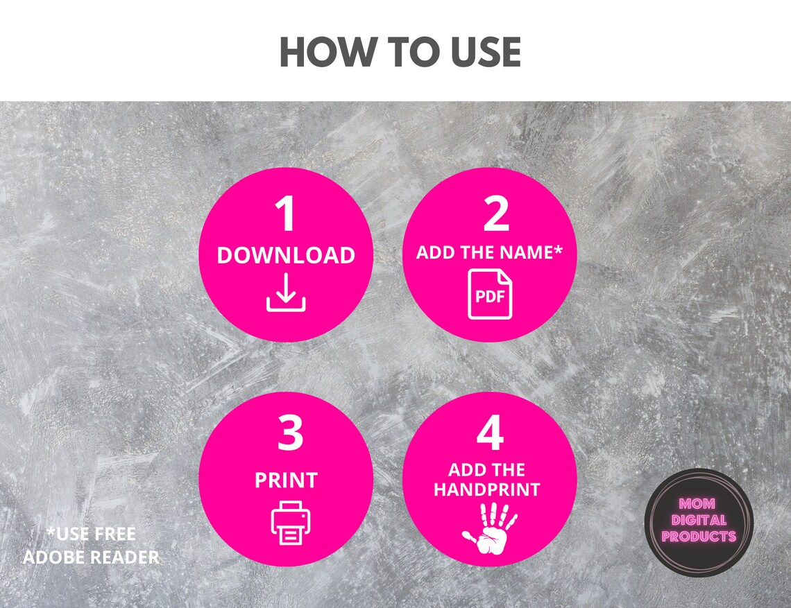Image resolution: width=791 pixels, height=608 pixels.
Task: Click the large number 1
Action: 286,214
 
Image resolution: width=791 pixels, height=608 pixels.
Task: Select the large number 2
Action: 496,214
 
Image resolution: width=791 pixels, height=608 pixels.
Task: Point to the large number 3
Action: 290,433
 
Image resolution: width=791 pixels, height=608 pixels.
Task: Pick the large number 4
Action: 491,433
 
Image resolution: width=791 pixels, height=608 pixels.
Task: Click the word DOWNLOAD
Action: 286,255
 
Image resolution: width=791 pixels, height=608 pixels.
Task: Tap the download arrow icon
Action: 286,293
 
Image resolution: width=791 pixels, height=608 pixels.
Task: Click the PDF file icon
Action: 490,294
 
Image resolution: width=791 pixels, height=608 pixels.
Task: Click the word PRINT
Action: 286,480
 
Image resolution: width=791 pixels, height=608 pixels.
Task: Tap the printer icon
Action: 291,523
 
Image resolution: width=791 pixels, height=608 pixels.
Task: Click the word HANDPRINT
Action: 487,489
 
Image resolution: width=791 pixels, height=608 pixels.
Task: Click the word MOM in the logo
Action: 697,503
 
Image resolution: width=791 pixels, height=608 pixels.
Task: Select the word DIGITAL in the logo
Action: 699,520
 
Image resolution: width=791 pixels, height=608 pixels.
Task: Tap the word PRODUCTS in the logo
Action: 699,536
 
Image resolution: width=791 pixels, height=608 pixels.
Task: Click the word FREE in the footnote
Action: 114,534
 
